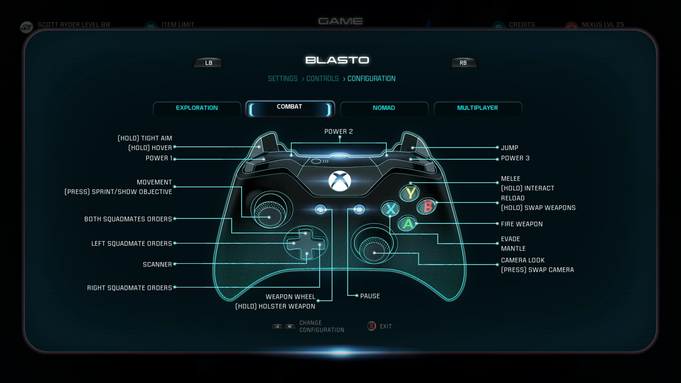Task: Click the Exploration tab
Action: tap(197, 108)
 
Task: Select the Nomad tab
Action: tap(384, 108)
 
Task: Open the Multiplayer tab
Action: tap(477, 108)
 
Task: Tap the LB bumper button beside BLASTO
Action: tap(208, 63)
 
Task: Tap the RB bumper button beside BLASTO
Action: tap(463, 63)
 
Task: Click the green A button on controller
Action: tap(408, 223)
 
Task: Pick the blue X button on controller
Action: tap(391, 209)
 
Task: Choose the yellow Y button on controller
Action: tap(410, 193)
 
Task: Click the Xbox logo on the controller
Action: tap(339, 181)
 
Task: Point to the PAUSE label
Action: tap(370, 296)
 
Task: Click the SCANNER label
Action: tap(157, 265)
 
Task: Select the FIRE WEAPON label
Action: tap(522, 224)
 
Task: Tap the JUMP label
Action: tap(509, 148)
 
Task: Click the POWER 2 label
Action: tap(338, 132)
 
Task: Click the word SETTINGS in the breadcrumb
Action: tap(283, 79)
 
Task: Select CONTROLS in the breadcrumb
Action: tap(322, 79)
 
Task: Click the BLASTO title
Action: tap(337, 60)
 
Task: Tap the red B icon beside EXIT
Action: tap(371, 326)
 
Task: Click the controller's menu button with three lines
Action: tap(359, 210)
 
